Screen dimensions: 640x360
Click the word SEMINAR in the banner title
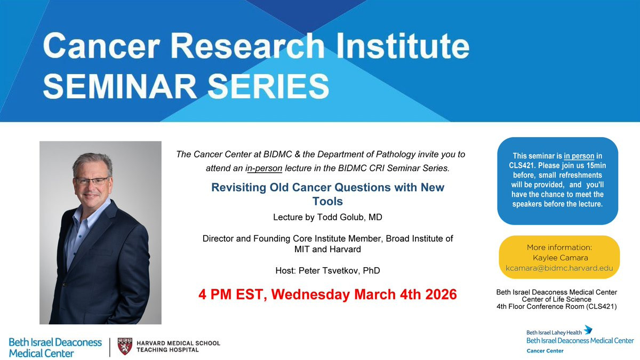(120, 86)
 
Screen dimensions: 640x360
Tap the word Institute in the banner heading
(403, 46)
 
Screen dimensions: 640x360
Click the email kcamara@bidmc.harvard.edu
(559, 268)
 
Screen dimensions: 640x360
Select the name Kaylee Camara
(561, 258)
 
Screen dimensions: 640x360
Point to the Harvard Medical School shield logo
(125, 346)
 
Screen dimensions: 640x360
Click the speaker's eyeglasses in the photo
(92, 181)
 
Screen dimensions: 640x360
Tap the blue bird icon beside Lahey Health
(588, 330)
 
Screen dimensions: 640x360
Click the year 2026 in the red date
(441, 294)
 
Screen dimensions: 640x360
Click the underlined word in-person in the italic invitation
(263, 169)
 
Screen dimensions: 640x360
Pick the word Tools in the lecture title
(327, 202)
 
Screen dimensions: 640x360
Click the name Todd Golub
(337, 217)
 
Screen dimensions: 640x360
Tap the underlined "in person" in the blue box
(579, 156)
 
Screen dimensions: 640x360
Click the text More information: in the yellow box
(559, 247)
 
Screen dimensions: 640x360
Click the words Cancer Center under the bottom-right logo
(545, 351)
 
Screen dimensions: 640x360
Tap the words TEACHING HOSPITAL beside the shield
(167, 350)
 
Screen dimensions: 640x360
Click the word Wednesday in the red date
(310, 294)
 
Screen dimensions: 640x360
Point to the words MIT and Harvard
(327, 249)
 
